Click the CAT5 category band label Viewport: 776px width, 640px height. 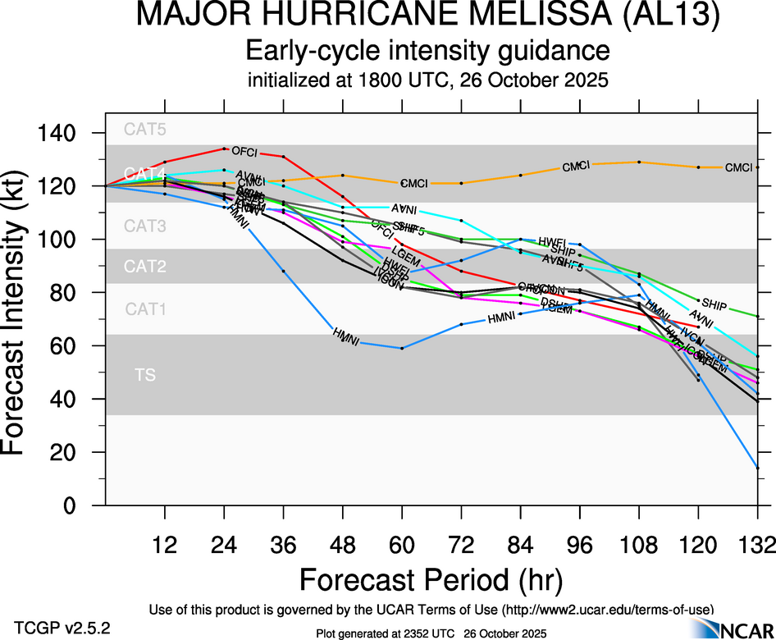(x=144, y=129)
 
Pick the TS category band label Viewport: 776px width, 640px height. (x=144, y=375)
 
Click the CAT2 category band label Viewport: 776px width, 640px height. (x=144, y=267)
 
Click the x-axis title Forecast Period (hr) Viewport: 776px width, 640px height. (x=431, y=579)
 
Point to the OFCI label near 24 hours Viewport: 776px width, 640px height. (x=245, y=151)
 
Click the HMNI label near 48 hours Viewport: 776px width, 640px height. (x=345, y=336)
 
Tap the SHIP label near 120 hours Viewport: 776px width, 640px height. (x=714, y=304)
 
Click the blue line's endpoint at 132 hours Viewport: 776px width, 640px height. (x=757, y=468)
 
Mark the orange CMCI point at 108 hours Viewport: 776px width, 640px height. (x=638, y=162)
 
